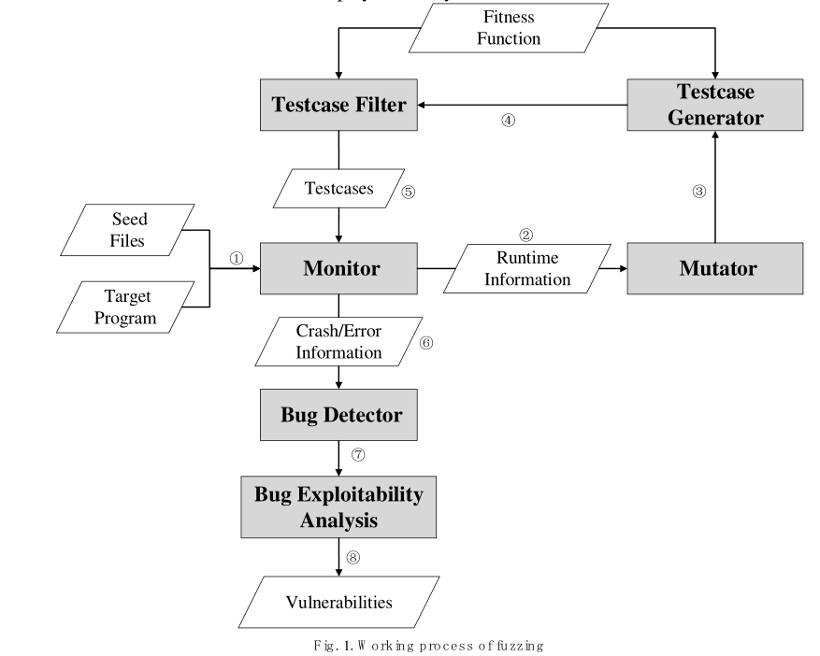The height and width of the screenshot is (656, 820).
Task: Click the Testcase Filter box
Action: point(338,105)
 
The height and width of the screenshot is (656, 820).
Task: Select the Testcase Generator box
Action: point(715,105)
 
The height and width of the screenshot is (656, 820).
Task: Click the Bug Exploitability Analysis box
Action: point(338,506)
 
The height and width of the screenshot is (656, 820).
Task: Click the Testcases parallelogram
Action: point(338,189)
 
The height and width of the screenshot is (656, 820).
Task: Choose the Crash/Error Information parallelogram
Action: point(338,342)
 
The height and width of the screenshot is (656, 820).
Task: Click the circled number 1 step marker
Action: point(236,259)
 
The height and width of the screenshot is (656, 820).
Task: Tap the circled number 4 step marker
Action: point(508,120)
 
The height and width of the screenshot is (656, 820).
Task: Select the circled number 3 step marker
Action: point(698,191)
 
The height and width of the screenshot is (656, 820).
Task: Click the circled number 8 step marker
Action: point(352,558)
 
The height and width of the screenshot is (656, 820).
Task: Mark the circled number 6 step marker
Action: point(425,342)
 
